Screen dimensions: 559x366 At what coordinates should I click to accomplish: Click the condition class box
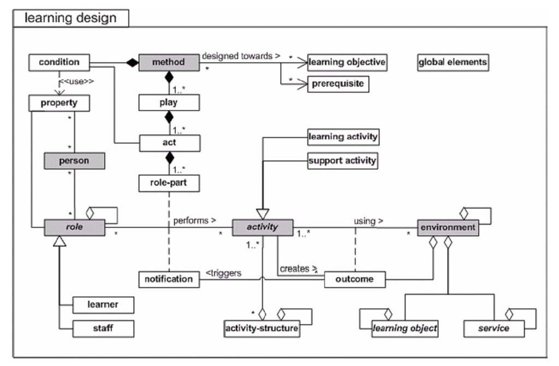59,62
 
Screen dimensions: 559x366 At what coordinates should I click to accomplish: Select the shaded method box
169,62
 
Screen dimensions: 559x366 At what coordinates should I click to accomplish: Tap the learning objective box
347,62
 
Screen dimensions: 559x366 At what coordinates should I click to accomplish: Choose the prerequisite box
338,84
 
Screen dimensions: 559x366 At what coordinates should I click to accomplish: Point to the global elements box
453,62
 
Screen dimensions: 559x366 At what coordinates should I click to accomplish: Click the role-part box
169,183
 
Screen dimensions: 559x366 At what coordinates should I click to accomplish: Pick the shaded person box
74,161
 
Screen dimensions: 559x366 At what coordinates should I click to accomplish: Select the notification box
169,279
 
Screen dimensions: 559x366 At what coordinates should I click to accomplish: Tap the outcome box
355,279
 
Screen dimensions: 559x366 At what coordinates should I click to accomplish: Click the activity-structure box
262,328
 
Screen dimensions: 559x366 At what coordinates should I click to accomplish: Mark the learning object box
405,328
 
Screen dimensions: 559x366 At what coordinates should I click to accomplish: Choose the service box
494,328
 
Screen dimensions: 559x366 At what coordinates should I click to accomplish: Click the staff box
103,328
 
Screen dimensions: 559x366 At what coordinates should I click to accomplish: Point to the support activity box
343,161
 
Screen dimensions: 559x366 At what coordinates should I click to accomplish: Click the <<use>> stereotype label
76,82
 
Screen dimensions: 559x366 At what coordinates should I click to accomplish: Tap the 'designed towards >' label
241,56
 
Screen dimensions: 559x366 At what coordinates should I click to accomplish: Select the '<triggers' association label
223,273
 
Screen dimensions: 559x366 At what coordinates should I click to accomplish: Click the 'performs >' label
195,221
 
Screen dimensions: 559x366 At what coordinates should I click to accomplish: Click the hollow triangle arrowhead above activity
263,214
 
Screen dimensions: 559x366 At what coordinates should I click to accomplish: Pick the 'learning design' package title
70,18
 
